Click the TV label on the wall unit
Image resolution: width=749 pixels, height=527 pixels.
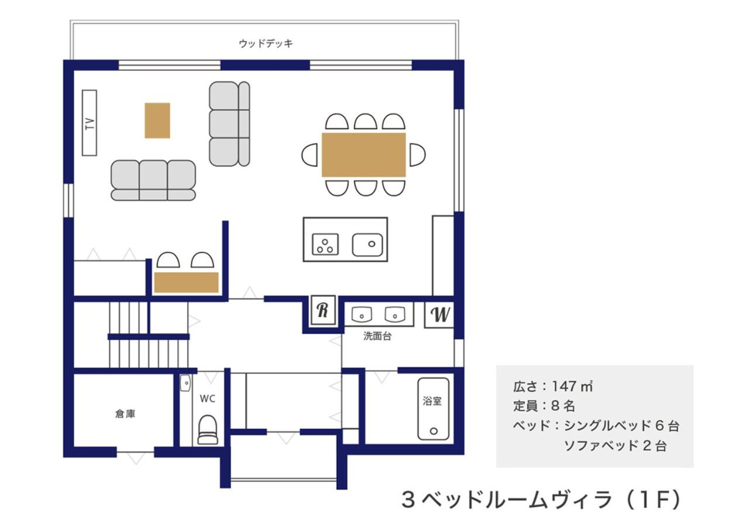[x=90, y=123]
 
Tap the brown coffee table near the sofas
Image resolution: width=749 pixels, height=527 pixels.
[x=157, y=121]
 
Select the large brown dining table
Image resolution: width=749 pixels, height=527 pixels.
[x=364, y=155]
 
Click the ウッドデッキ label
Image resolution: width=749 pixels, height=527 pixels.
[x=266, y=43]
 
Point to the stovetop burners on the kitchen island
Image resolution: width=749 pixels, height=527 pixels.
[x=325, y=244]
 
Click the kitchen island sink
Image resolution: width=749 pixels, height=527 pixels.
[x=367, y=245]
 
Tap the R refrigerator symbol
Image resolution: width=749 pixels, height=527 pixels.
[x=323, y=310]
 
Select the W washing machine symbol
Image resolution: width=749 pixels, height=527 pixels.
[x=439, y=314]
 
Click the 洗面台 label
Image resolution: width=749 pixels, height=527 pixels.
[x=377, y=336]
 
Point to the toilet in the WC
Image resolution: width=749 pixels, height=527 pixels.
[x=208, y=429]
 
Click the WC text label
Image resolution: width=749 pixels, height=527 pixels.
[x=207, y=399]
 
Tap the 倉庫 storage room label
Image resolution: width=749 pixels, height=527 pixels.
[x=125, y=414]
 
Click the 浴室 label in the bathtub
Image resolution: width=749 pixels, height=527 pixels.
[x=432, y=401]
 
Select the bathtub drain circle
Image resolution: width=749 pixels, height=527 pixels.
[x=434, y=431]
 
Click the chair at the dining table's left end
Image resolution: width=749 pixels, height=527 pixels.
[x=310, y=155]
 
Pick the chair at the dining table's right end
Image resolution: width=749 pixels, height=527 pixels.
[x=418, y=155]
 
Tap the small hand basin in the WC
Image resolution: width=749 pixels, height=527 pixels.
[x=185, y=383]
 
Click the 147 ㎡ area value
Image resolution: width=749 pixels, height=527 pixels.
[x=572, y=386]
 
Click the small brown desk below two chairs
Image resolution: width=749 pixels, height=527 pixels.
[x=186, y=282]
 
